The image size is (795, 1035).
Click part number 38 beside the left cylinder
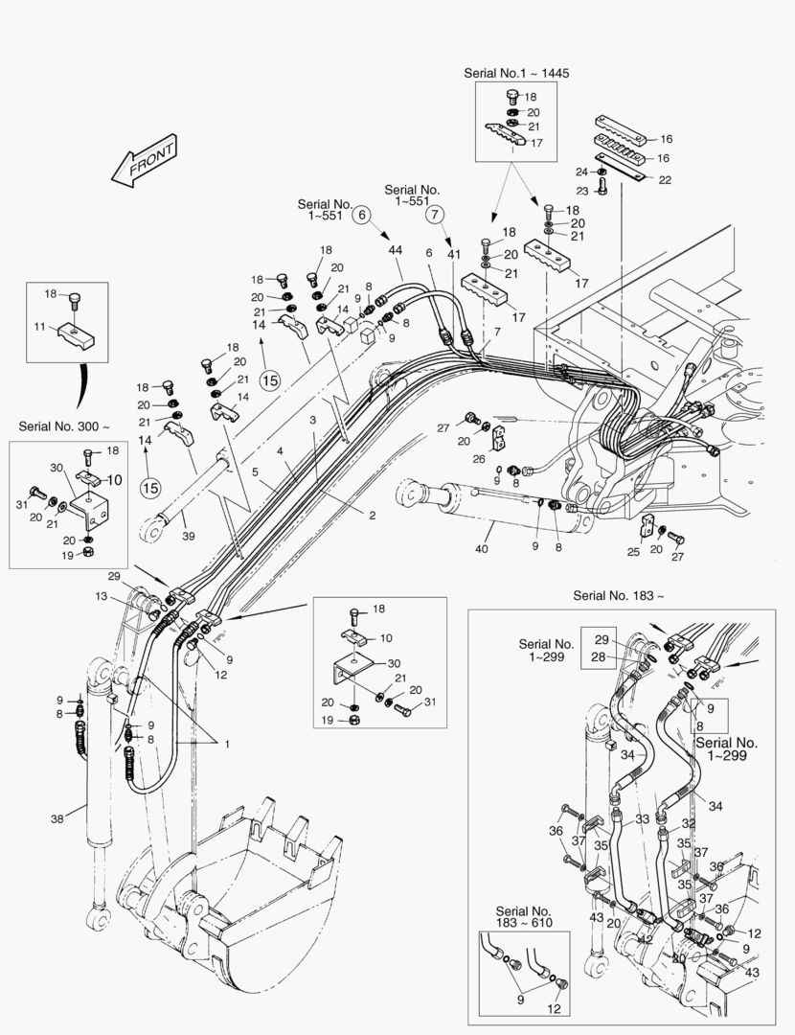(x=57, y=818)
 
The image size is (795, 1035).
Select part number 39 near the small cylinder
(x=188, y=536)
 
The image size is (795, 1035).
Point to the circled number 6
(x=362, y=216)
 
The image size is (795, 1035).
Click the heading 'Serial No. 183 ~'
(x=618, y=595)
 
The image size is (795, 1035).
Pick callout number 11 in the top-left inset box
(x=39, y=327)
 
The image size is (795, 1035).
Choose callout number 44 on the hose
(x=396, y=249)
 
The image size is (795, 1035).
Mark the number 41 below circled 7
(x=453, y=255)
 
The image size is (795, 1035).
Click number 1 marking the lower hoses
(x=228, y=744)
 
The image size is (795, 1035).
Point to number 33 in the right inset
(x=642, y=819)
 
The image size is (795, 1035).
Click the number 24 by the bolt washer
(x=581, y=172)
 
